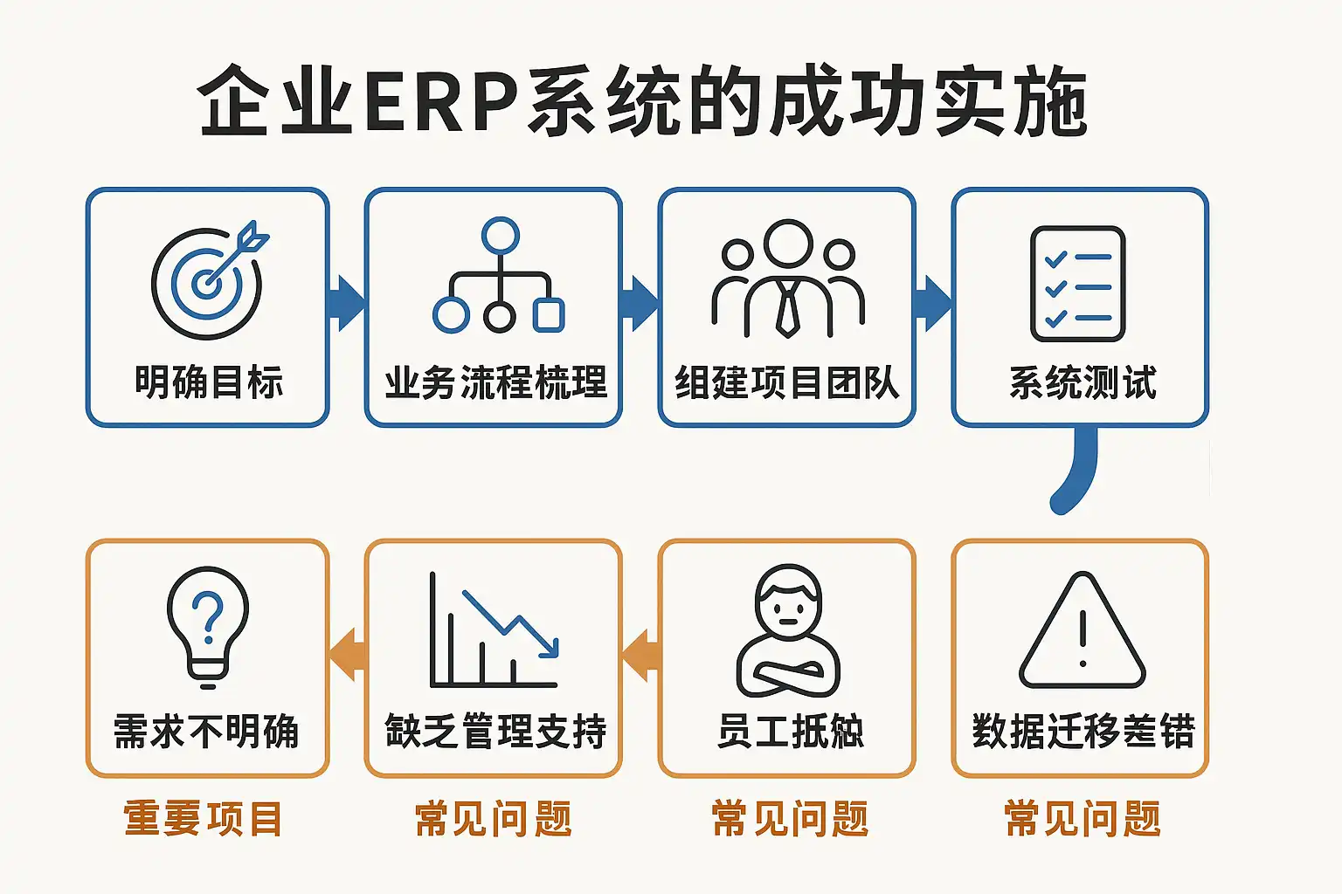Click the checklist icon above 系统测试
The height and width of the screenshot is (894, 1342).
(x=1078, y=284)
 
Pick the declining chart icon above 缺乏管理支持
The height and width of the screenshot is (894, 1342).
(x=495, y=630)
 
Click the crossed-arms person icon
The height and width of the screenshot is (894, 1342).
(x=788, y=630)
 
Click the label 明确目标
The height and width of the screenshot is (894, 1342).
(x=209, y=382)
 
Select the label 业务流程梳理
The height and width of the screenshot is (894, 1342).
(x=495, y=382)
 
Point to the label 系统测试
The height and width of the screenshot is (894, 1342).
(x=1083, y=382)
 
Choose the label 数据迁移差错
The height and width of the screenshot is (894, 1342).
(x=1083, y=731)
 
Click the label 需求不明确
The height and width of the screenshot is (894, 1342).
(x=207, y=731)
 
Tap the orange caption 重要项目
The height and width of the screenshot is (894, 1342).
(x=204, y=819)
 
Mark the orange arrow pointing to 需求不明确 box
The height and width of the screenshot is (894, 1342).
(x=348, y=654)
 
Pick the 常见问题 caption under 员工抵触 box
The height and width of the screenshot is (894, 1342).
(x=790, y=819)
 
